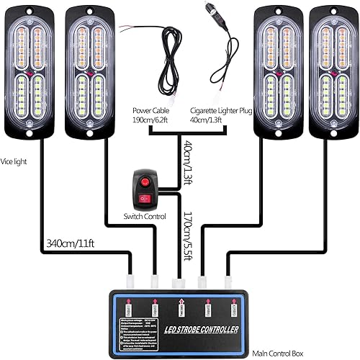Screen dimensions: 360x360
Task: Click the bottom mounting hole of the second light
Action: coord(89,133)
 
